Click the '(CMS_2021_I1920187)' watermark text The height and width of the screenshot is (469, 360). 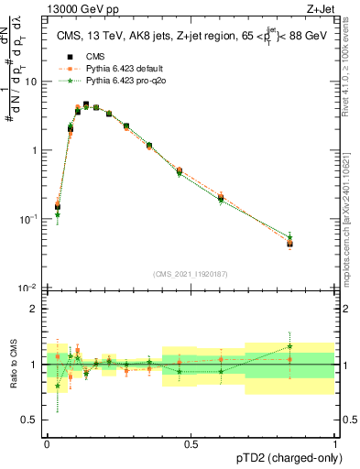[191, 273]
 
